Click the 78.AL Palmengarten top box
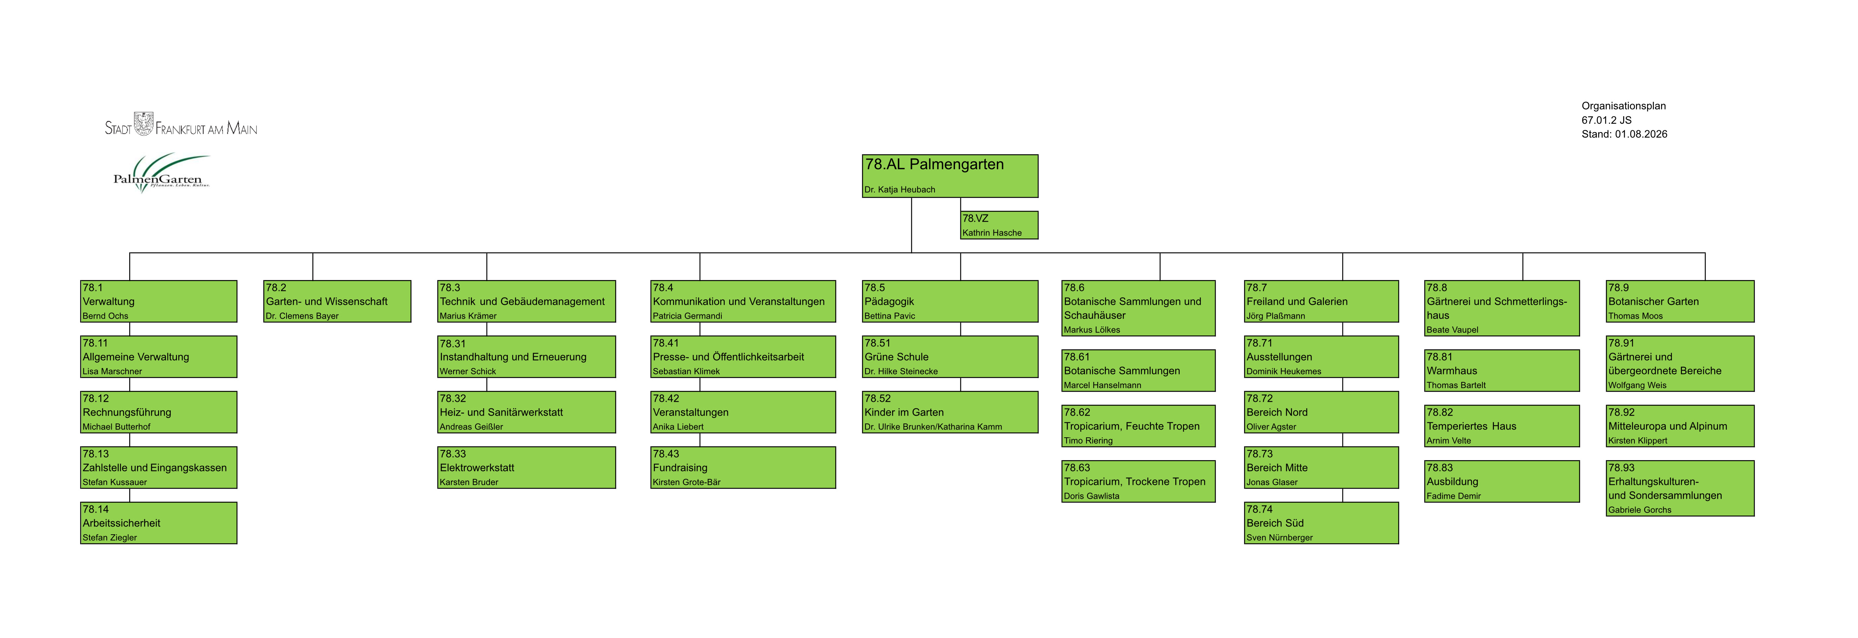point(950,176)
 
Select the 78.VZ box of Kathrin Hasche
point(999,225)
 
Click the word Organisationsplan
point(1624,106)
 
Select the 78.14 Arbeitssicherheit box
point(159,523)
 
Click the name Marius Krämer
point(468,316)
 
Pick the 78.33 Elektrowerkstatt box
point(527,467)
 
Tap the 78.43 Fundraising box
point(743,467)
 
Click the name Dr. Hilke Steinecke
point(901,371)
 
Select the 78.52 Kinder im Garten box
point(950,411)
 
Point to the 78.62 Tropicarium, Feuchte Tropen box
point(1138,425)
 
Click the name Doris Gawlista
point(1091,496)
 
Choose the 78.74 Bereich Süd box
point(1321,523)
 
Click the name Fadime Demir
point(1454,496)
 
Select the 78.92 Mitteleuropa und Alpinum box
point(1680,425)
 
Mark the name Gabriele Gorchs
point(1639,510)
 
